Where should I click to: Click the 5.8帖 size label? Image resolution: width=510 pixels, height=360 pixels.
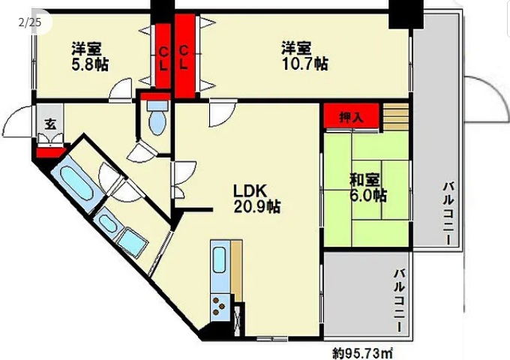pyautogui.click(x=90, y=64)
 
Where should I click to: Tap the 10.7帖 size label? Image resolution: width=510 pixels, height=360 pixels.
pyautogui.click(x=304, y=64)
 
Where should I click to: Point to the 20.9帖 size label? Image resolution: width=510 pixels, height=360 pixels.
pyautogui.click(x=257, y=207)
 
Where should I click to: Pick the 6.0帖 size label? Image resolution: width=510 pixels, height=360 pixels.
pyautogui.click(x=367, y=196)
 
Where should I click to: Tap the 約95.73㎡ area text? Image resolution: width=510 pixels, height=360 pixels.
pyautogui.click(x=363, y=352)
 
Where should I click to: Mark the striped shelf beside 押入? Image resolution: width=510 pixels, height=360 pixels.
pyautogui.click(x=397, y=117)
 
